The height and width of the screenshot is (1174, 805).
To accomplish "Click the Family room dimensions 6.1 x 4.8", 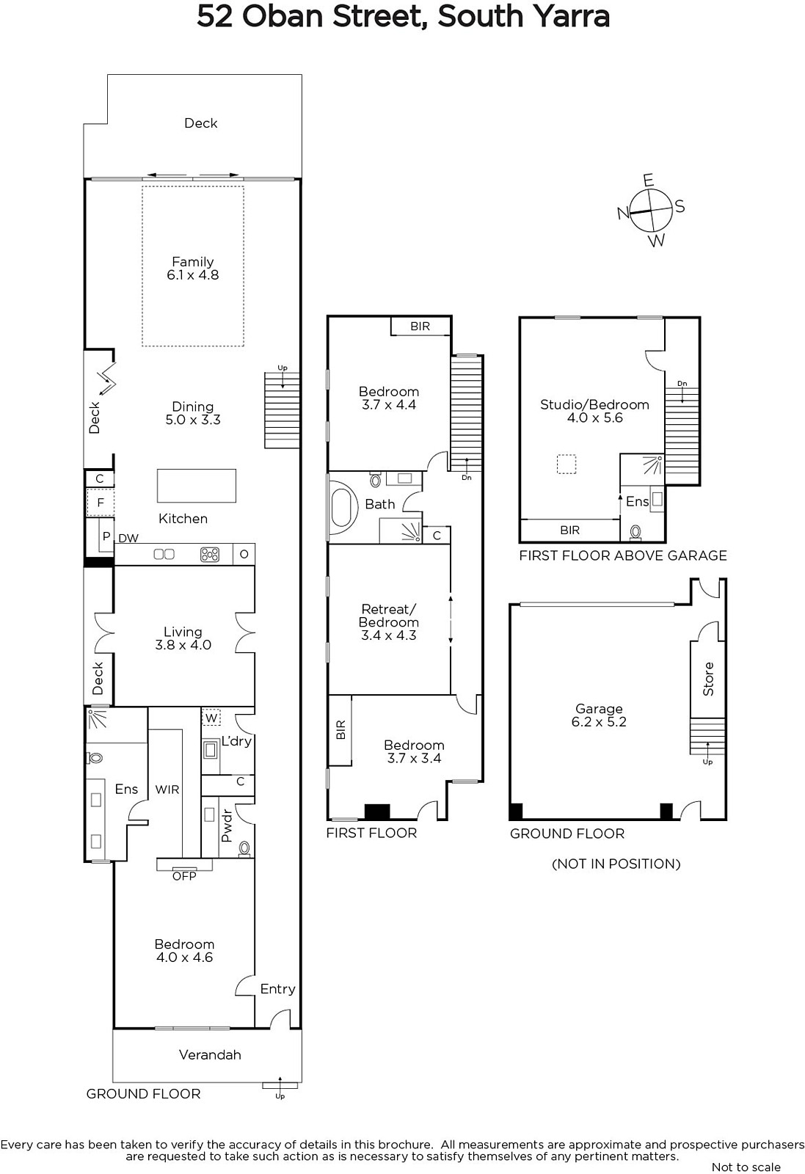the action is point(193,275).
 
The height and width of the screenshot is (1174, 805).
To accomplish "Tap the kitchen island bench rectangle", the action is point(197,486).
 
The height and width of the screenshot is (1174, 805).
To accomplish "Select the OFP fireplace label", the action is point(184,876).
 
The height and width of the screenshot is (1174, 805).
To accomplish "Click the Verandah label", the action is point(210,1054).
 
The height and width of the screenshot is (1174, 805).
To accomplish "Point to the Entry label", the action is point(278,989).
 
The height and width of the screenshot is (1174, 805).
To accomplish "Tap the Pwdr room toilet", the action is point(244,848).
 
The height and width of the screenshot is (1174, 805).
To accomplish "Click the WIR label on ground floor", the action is point(167,790).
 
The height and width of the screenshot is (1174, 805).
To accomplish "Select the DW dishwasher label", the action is point(128,539).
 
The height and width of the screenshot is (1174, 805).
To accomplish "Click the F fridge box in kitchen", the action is point(100,503).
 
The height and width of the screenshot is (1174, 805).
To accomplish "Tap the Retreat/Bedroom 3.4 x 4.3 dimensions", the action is point(389,635).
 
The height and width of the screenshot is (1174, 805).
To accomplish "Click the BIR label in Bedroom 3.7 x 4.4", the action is point(420,327).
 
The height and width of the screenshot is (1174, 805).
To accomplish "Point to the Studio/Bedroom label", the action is point(595,404).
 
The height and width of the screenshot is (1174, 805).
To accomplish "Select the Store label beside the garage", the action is point(708,679).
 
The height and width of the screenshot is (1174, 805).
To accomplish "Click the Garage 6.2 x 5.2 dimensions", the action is point(599,722).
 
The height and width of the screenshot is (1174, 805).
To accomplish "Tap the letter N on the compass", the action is point(623,213).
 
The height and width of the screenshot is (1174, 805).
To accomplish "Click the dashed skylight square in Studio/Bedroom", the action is point(566,464).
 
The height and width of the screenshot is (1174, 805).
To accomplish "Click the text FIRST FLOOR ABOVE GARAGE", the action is point(623,555).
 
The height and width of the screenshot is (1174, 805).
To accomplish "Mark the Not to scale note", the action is point(746,1167).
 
